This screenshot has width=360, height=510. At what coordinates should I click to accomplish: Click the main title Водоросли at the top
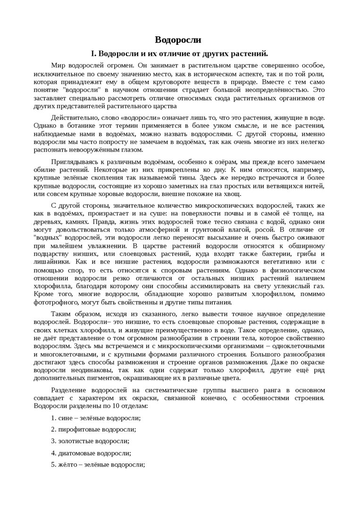pyautogui.click(x=179, y=39)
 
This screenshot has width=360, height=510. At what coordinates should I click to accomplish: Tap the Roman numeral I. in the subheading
pyautogui.click(x=94, y=53)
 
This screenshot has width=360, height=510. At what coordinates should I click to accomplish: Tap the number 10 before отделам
pyautogui.click(x=115, y=406)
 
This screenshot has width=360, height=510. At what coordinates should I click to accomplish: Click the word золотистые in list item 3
pyautogui.click(x=75, y=441)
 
